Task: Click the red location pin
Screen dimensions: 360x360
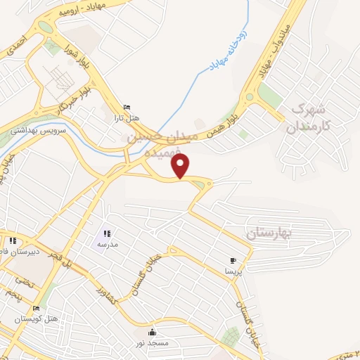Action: [x=181, y=167]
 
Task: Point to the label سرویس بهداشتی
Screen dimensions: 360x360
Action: [x=38, y=131]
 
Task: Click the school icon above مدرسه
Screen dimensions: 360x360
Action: [x=107, y=233]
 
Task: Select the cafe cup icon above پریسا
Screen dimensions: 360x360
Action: [x=233, y=261]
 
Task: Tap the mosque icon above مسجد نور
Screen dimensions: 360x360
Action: [x=153, y=332]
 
